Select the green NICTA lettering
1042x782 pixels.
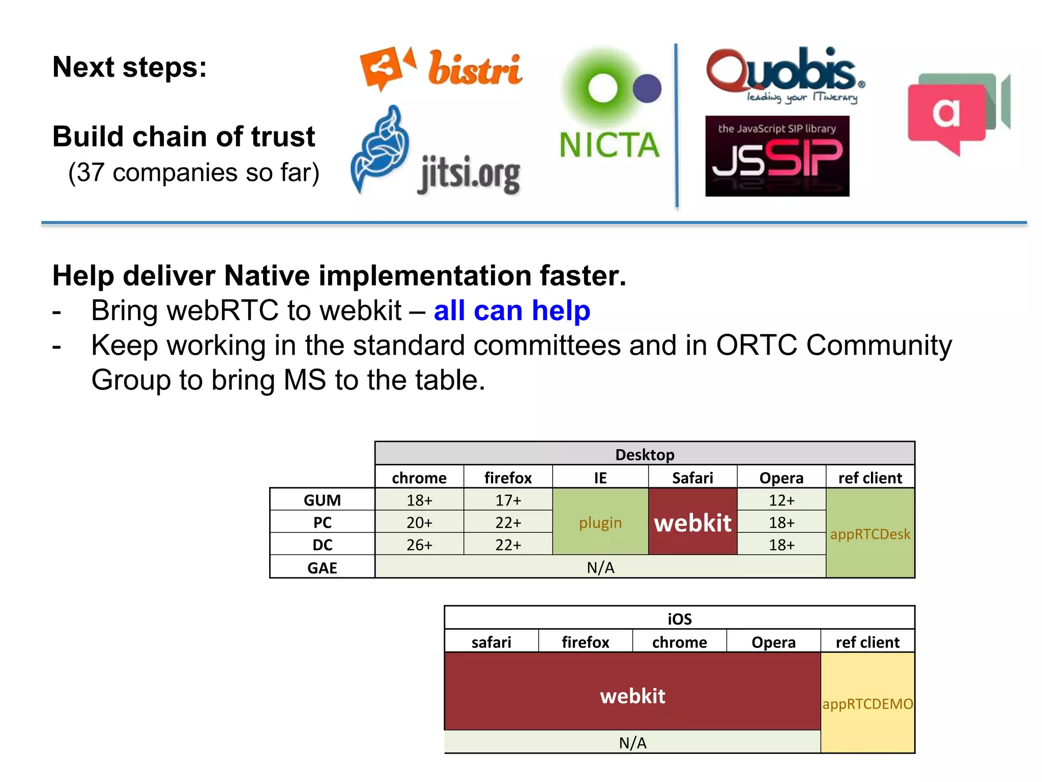[x=610, y=145]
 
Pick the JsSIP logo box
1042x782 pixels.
[x=777, y=156]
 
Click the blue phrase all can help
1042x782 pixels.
[x=512, y=311]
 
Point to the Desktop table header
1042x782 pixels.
[x=645, y=454]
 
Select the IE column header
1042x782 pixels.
[x=600, y=478]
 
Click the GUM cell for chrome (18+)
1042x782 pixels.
[x=419, y=500]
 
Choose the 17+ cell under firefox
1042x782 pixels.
[x=508, y=500]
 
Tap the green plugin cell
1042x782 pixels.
[x=600, y=522]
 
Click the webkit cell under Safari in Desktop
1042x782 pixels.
[x=692, y=522]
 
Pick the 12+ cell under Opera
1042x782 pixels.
[x=781, y=500]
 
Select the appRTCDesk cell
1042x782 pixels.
[x=870, y=534]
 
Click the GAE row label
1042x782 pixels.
[x=322, y=567]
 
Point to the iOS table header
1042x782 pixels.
[x=679, y=619]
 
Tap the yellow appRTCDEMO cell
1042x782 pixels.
[x=867, y=704]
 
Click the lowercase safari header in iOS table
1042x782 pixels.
[x=491, y=642]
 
